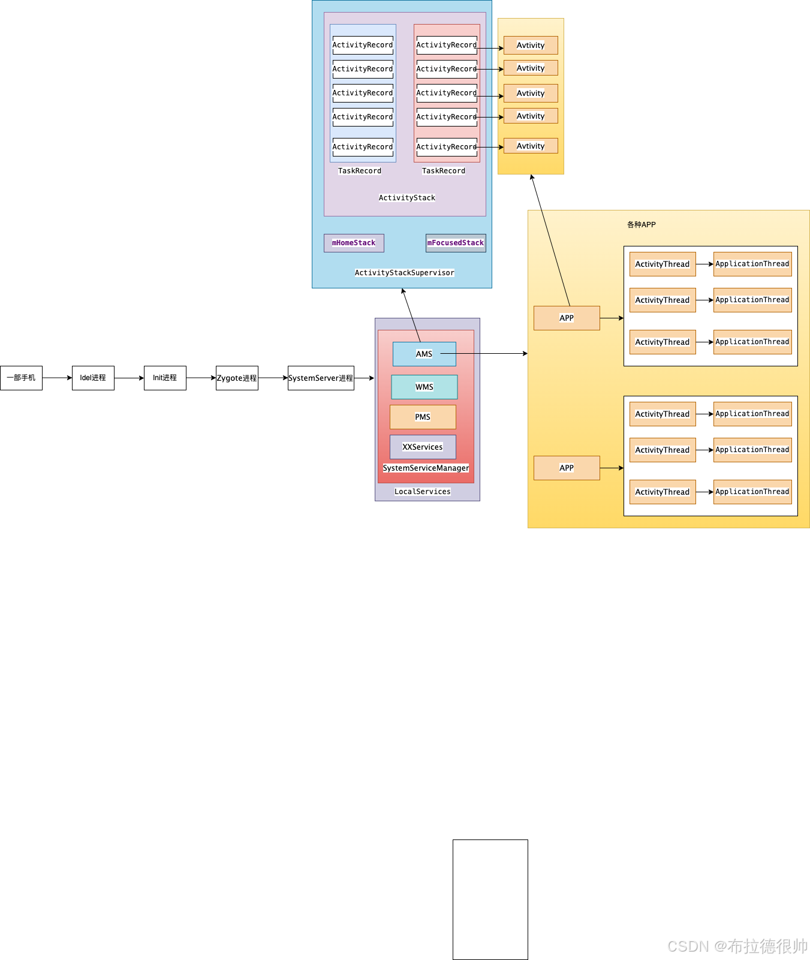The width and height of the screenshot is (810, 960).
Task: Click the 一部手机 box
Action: tap(21, 378)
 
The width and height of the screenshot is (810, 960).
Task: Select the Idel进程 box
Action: tap(93, 378)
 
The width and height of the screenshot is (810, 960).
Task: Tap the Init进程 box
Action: tap(165, 378)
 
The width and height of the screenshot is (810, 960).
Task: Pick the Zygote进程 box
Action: tap(237, 378)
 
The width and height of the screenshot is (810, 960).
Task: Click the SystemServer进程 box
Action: tap(321, 378)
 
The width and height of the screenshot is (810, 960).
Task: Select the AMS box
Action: tap(424, 354)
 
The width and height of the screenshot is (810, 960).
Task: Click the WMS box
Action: tap(424, 387)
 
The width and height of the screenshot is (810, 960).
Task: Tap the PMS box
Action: tap(423, 417)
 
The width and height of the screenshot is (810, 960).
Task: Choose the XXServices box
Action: tap(423, 447)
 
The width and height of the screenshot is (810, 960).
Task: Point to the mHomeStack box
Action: tap(354, 243)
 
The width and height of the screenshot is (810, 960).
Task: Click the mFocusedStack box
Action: tap(456, 243)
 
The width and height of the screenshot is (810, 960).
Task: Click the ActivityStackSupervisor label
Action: tap(405, 273)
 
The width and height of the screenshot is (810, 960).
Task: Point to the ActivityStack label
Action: tap(407, 198)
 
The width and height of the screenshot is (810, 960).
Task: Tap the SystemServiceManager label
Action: tap(426, 468)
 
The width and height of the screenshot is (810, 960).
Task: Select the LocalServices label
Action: tap(423, 492)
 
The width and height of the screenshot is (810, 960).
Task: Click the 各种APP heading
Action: tap(642, 225)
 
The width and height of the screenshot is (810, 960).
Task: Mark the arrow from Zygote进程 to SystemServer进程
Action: tap(273, 378)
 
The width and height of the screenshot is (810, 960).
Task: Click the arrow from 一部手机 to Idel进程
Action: tap(57, 378)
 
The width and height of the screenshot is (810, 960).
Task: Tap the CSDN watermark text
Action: tap(737, 946)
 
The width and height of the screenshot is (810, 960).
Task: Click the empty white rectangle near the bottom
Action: tap(490, 899)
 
